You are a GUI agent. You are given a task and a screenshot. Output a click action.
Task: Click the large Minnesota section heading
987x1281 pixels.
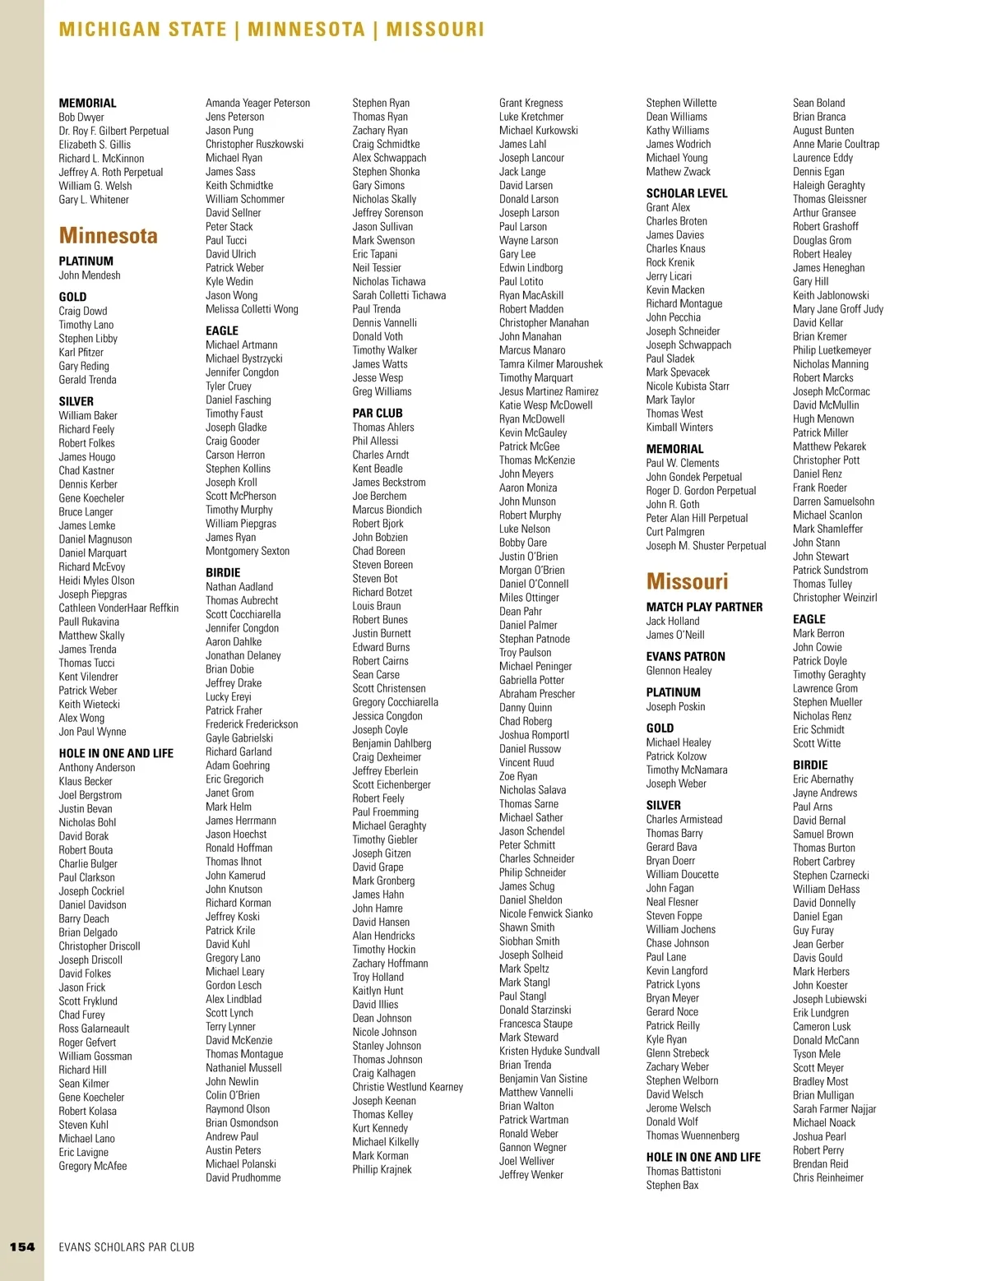[108, 236]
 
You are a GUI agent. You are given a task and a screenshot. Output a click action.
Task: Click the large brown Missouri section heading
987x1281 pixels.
[687, 582]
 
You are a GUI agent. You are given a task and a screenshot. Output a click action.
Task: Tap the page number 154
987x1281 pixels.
[22, 1246]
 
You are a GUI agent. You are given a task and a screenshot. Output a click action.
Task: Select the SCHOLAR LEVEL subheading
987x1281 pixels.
[686, 193]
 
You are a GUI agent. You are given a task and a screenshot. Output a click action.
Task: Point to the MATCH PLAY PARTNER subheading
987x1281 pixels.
[704, 607]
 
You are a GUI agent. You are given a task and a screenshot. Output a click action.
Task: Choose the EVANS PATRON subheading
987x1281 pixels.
[685, 656]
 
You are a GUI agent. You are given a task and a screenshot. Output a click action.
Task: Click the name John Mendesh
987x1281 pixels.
[90, 275]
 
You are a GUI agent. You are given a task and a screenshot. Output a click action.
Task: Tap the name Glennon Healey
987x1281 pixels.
[679, 671]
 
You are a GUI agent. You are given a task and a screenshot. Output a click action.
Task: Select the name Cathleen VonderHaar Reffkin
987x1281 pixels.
[118, 608]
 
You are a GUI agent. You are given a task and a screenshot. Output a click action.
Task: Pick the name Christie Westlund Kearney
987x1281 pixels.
[407, 1087]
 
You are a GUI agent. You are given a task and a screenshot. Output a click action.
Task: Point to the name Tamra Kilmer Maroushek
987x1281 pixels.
[550, 364]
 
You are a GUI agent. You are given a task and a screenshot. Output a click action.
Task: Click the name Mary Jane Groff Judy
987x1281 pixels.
[837, 309]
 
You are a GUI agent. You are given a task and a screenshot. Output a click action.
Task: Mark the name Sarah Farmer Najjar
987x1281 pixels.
[834, 1109]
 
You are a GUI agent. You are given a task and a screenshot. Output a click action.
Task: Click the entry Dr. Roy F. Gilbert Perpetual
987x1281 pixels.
[114, 131]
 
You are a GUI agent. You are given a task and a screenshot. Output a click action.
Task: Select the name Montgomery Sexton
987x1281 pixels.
[247, 551]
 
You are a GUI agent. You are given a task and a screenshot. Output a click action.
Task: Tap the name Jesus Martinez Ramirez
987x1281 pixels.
[549, 391]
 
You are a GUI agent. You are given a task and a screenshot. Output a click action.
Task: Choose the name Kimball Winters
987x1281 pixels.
[679, 428]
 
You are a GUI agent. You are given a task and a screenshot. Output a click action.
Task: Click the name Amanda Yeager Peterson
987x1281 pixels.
[257, 103]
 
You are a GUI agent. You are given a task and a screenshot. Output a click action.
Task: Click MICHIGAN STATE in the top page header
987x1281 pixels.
[142, 30]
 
